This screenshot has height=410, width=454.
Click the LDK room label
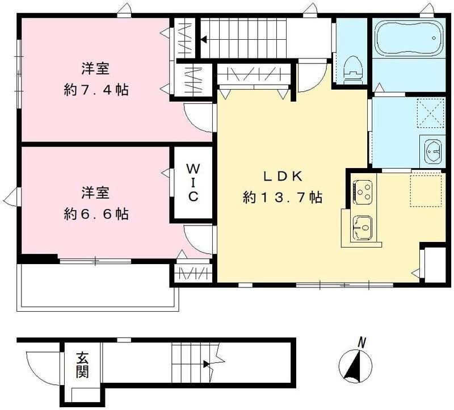point(282,177)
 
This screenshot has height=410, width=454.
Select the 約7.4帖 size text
point(96,90)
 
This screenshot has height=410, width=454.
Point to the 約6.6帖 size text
point(96,214)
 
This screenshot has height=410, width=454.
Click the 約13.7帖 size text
point(282,198)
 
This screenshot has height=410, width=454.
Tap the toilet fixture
point(353,69)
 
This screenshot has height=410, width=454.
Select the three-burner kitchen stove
point(362,191)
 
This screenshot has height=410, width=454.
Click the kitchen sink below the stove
point(362,228)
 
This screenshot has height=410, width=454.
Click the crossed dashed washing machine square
point(430,112)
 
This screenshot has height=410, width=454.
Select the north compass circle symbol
point(356,365)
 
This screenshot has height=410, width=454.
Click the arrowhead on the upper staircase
point(204,40)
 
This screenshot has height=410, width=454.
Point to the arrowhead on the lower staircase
point(207,364)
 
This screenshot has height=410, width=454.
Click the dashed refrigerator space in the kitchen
point(426,190)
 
